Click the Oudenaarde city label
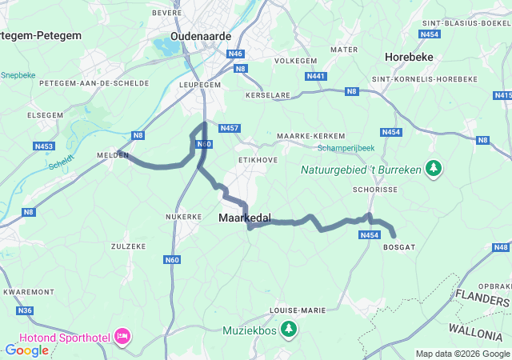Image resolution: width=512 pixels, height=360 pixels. [201, 36]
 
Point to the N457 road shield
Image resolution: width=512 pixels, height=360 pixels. [229, 128]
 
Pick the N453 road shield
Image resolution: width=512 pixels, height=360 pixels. [43, 146]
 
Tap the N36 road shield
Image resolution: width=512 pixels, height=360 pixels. [25, 310]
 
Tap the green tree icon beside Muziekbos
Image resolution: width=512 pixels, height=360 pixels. [289, 329]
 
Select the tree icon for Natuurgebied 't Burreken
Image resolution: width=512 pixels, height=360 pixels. [434, 169]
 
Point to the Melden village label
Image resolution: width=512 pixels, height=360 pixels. [113, 155]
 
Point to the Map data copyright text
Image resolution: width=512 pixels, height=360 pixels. [462, 354]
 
